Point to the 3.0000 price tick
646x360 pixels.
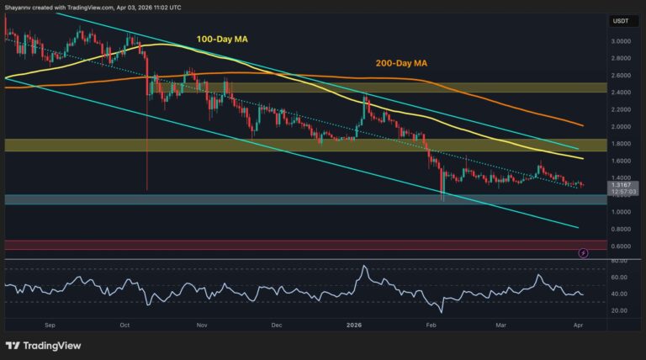[x=622, y=41]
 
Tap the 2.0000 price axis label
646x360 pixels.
[x=622, y=126]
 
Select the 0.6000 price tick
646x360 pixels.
[x=622, y=246]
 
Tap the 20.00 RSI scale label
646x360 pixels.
[x=620, y=310]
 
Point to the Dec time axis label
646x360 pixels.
[x=277, y=322]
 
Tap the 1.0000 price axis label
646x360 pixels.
[x=622, y=212]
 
